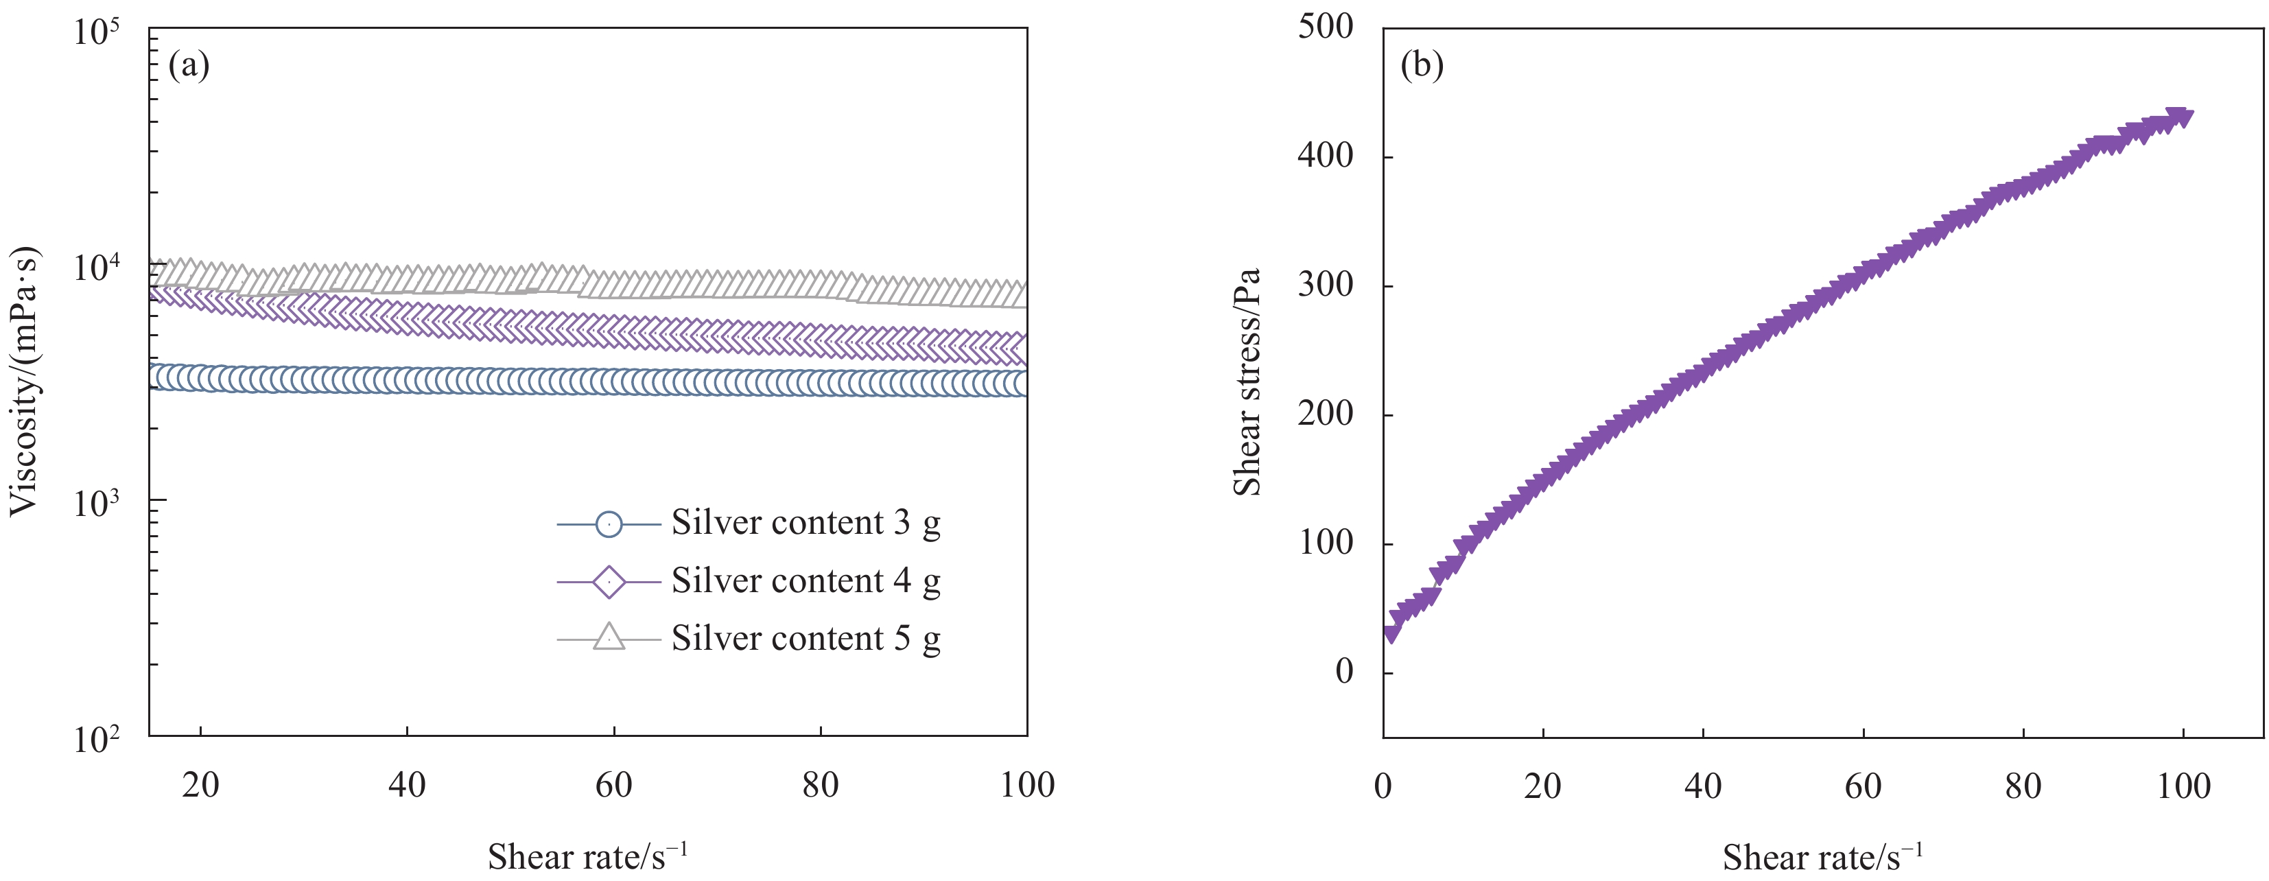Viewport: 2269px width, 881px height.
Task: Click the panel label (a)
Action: pyautogui.click(x=189, y=65)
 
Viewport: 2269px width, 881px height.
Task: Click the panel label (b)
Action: pyautogui.click(x=1422, y=65)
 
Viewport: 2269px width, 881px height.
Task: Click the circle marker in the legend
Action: pyautogui.click(x=609, y=524)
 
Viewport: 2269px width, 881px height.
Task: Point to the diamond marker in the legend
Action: pyautogui.click(x=609, y=581)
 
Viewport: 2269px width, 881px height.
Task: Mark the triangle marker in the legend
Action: pyautogui.click(x=609, y=637)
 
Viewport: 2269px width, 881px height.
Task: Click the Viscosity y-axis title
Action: pyautogui.click(x=25, y=381)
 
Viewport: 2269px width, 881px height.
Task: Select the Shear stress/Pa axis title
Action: pyautogui.click(x=1247, y=381)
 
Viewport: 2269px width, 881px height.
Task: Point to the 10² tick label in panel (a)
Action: pyautogui.click(x=96, y=739)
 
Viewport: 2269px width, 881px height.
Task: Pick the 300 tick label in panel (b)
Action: pyautogui.click(x=1326, y=285)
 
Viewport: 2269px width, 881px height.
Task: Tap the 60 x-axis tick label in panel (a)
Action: pyautogui.click(x=614, y=785)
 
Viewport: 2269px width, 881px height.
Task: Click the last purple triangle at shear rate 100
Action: pyautogui.click(x=2178, y=118)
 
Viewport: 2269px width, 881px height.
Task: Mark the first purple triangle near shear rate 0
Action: pyautogui.click(x=1390, y=633)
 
